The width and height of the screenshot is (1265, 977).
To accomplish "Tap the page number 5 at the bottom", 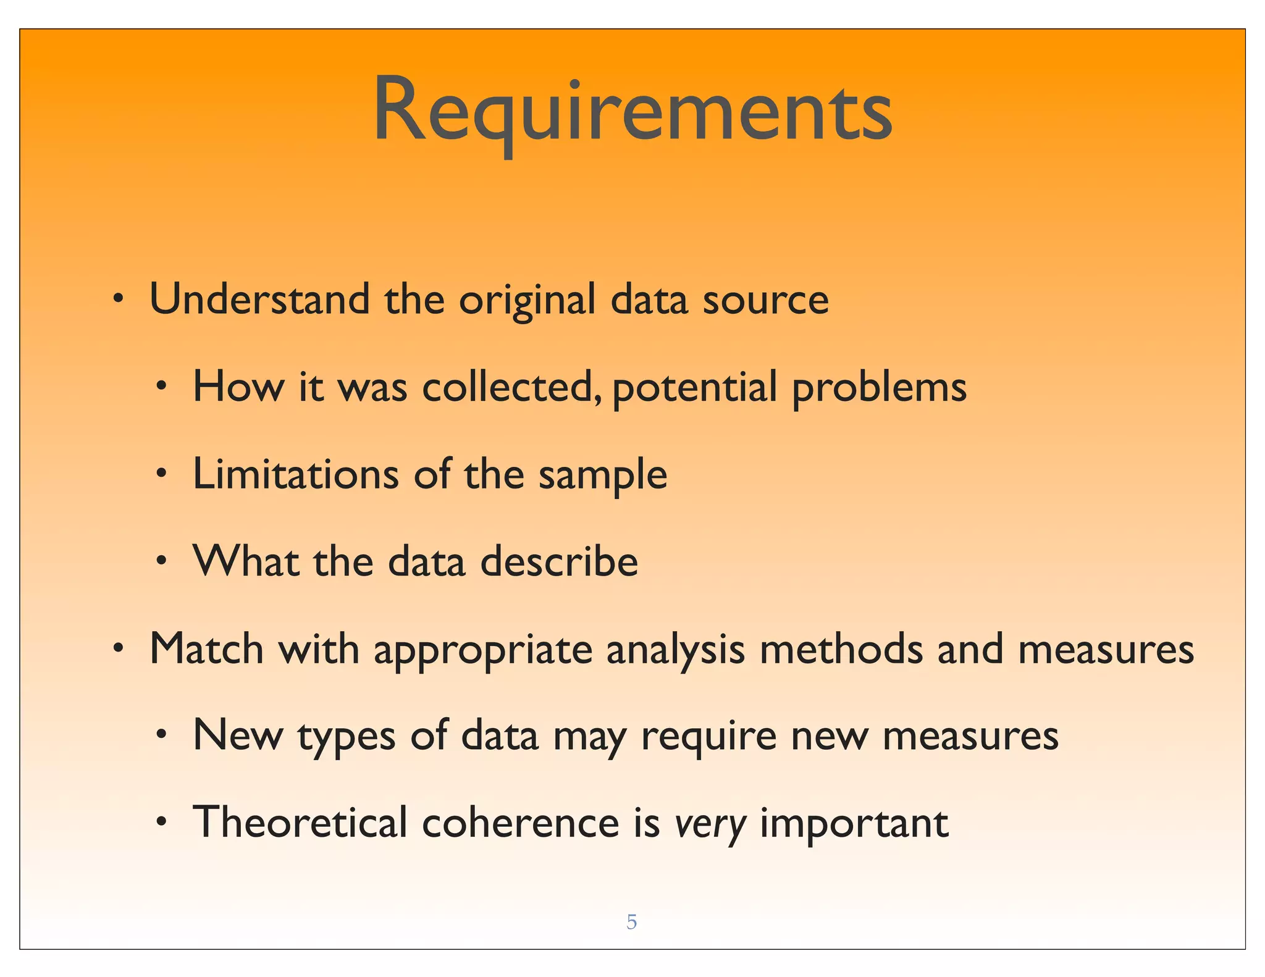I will click(x=631, y=922).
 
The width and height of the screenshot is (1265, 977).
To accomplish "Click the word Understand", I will click(x=259, y=300).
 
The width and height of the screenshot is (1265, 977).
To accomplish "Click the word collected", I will click(x=510, y=387).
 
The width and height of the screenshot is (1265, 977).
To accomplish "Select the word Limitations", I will click(x=295, y=474).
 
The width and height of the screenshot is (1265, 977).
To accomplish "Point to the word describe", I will click(x=558, y=562).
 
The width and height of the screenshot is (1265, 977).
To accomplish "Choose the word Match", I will click(x=206, y=649).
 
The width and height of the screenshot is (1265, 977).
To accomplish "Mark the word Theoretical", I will click(x=300, y=823).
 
